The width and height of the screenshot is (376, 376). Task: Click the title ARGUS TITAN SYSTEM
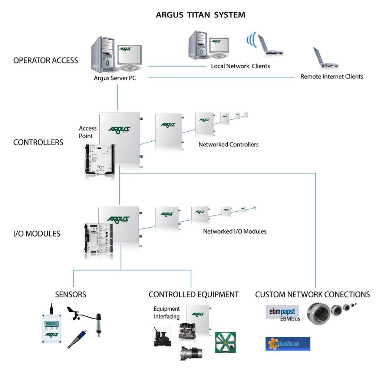[200, 15]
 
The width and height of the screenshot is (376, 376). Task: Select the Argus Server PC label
[115, 78]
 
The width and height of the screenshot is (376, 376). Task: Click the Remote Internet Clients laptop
[324, 58]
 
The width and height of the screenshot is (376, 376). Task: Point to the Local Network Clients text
[240, 66]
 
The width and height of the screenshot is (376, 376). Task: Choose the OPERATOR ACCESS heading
[46, 60]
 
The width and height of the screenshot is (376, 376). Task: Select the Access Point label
[88, 132]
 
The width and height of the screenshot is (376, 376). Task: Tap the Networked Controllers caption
[228, 144]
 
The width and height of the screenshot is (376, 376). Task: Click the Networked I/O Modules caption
[234, 231]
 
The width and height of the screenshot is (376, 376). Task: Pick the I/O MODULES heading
[37, 234]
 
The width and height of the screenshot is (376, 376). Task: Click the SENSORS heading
[70, 294]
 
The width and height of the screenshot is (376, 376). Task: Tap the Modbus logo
[288, 344]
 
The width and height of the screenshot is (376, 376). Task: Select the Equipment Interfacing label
[166, 313]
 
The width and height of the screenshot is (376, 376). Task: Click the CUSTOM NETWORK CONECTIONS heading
[312, 294]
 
